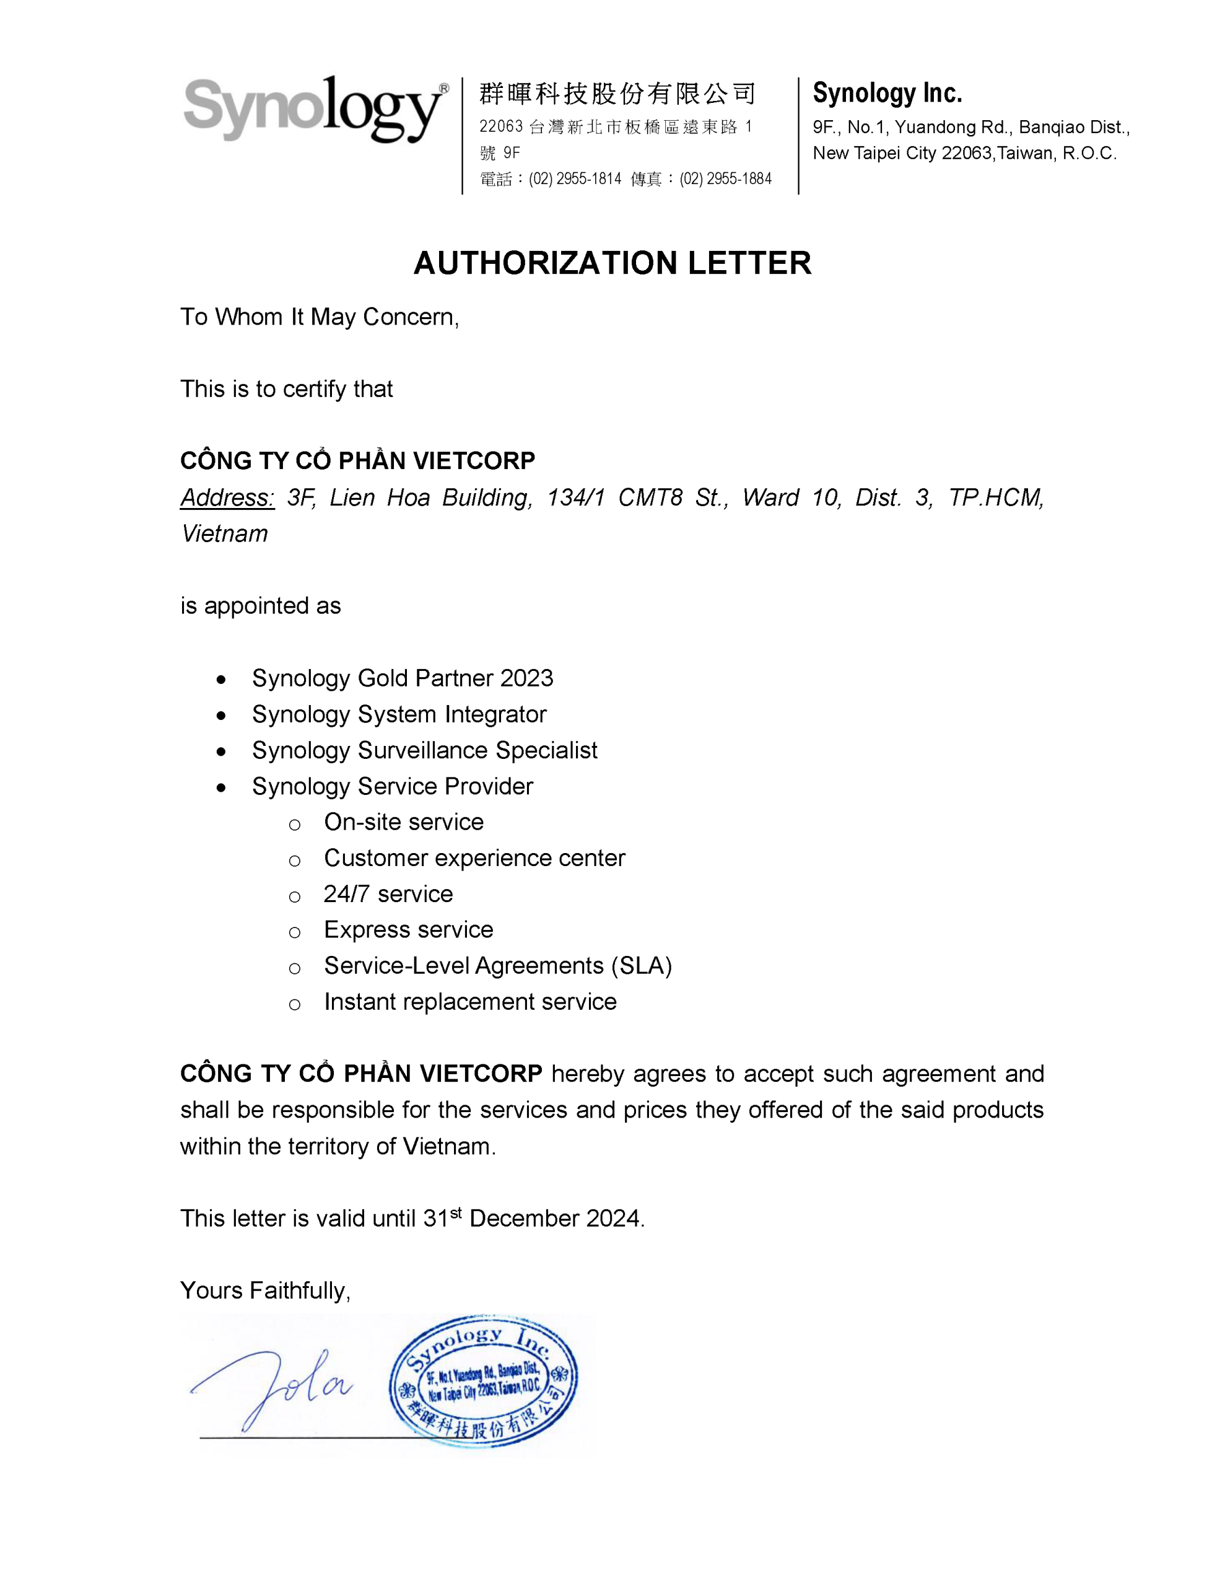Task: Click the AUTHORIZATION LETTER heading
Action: click(612, 263)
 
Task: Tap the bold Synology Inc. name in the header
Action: click(887, 93)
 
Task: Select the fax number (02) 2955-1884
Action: click(725, 178)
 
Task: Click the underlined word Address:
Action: click(227, 497)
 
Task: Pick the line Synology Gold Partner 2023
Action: click(403, 678)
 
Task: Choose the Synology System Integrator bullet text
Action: click(399, 714)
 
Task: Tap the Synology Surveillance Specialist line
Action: click(424, 750)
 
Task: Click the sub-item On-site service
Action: click(404, 822)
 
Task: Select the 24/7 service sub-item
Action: click(388, 894)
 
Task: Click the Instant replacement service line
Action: click(470, 1002)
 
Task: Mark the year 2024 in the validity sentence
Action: click(614, 1219)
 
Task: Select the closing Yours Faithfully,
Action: click(265, 1290)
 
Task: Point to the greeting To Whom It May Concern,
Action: click(320, 317)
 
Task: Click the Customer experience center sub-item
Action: click(474, 858)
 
